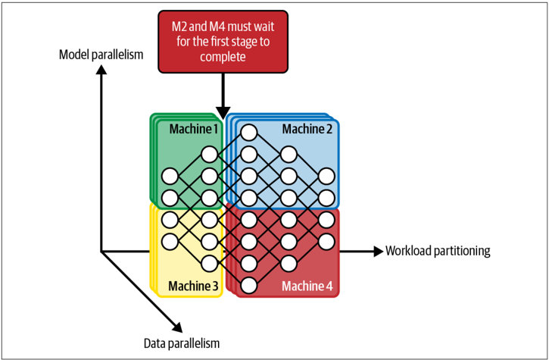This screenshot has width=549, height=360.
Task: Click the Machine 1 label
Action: [x=194, y=129]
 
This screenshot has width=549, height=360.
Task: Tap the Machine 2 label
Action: [x=307, y=129]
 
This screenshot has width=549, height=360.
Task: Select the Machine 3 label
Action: [x=194, y=286]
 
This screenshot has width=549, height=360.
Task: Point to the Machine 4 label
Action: [x=307, y=286]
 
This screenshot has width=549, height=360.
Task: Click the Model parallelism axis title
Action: [x=101, y=55]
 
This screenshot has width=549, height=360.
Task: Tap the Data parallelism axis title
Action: [x=182, y=343]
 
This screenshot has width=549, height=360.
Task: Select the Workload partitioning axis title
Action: [x=438, y=251]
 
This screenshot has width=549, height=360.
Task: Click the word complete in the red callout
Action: [x=223, y=57]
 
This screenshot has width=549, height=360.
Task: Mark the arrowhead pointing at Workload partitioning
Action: [x=379, y=251]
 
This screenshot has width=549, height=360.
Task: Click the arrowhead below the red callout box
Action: [x=223, y=112]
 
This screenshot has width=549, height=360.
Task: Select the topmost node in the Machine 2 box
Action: [x=249, y=133]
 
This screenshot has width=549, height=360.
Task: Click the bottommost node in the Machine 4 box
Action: [x=249, y=285]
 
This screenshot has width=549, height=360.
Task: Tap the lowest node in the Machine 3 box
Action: [x=209, y=263]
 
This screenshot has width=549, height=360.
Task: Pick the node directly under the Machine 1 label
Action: [x=209, y=155]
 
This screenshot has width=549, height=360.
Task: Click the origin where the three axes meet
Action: [x=101, y=252]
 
